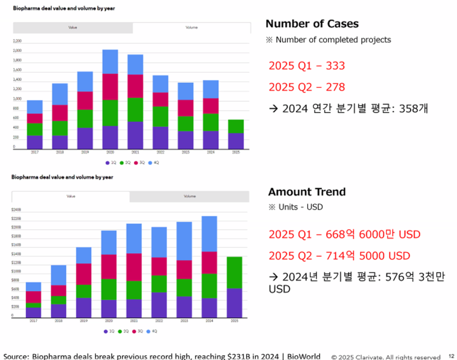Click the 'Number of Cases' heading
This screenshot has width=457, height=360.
[x=312, y=24]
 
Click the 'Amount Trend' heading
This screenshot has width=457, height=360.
[x=307, y=192]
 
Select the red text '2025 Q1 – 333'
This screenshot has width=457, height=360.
[x=307, y=66]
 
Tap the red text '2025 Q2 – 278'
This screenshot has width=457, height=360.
[x=307, y=87]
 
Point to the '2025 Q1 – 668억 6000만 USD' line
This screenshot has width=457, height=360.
[x=344, y=234]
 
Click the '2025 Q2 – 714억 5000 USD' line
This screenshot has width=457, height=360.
[x=339, y=256]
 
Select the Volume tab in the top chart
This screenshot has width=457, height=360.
[x=191, y=28]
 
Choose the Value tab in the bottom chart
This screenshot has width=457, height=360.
[x=71, y=196]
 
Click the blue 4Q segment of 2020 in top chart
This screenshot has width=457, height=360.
[x=110, y=61]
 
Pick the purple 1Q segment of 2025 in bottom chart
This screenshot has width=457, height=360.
[x=234, y=302]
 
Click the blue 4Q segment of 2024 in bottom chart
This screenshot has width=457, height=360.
[x=209, y=234]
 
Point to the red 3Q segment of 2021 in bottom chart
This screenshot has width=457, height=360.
[x=134, y=267]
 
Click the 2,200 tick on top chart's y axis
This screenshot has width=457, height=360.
[x=17, y=41]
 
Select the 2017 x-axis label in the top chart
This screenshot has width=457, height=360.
[x=35, y=153]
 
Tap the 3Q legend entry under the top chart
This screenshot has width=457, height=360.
[x=140, y=163]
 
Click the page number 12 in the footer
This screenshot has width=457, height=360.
[x=451, y=356]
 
